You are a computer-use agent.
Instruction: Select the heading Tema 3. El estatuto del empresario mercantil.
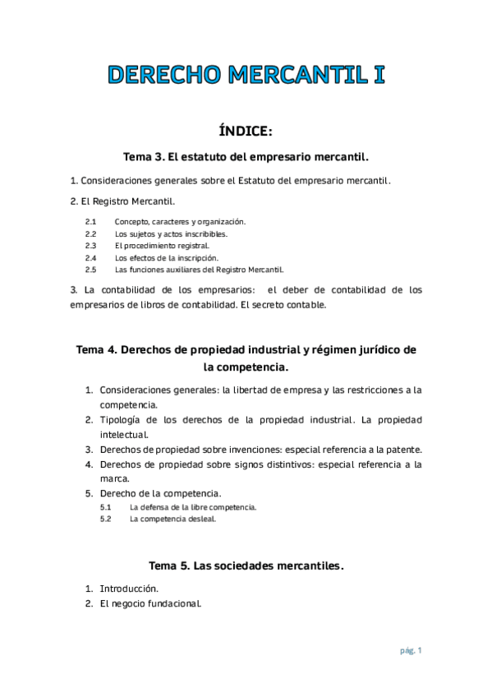click(246, 156)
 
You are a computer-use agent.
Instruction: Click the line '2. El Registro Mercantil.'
click(122, 201)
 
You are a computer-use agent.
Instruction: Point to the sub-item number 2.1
click(90, 222)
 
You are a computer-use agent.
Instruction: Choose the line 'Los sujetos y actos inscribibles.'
click(171, 233)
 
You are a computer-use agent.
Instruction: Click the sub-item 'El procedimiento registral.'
click(162, 245)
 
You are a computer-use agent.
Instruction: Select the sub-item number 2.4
click(90, 257)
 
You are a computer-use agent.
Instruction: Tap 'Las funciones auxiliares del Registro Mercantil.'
click(199, 269)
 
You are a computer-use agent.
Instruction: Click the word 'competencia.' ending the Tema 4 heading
click(246, 367)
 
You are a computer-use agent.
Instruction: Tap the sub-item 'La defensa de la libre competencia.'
click(193, 507)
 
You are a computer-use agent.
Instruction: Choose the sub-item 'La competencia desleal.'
click(171, 519)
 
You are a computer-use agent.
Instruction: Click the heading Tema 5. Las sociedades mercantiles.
click(246, 565)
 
